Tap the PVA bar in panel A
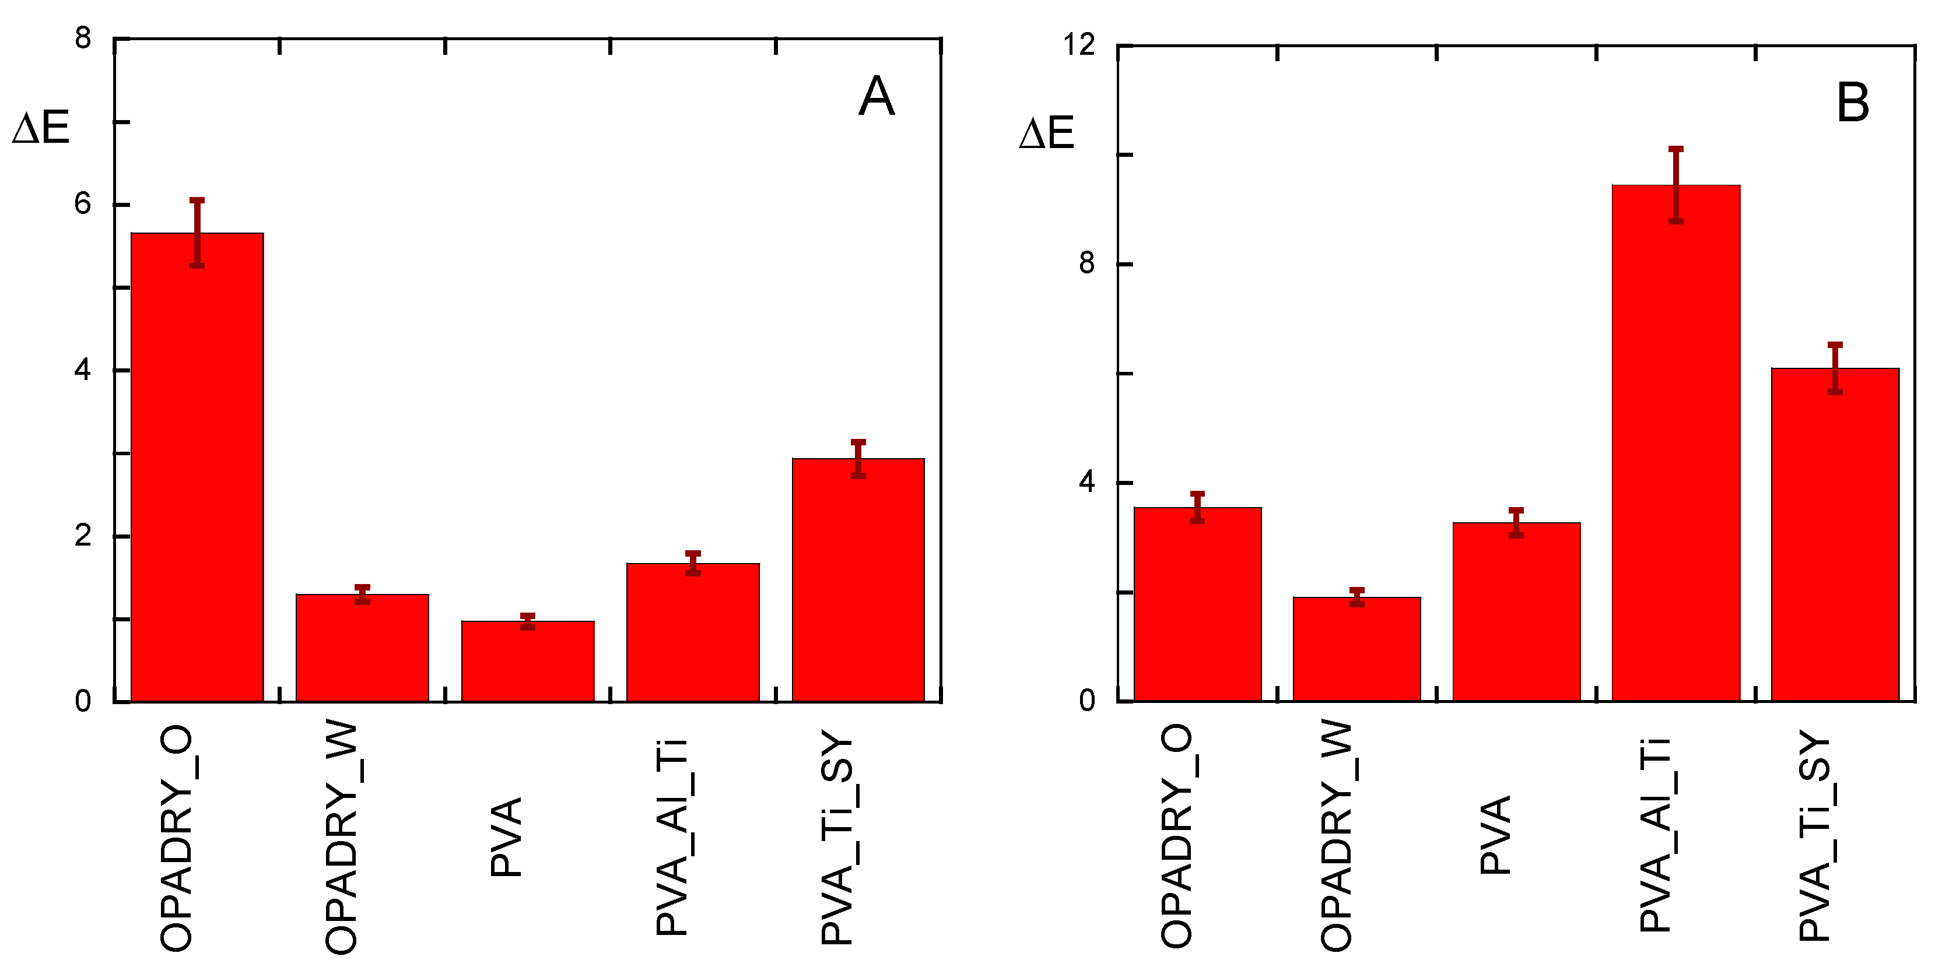coord(527,661)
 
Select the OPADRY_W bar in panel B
coord(1356,649)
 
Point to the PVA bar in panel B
coord(1516,611)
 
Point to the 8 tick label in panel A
coord(83,37)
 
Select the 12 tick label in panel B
coord(1079,45)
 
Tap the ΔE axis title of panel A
coord(41,127)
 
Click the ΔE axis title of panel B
coord(1046,133)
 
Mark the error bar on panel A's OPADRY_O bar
coord(197,233)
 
